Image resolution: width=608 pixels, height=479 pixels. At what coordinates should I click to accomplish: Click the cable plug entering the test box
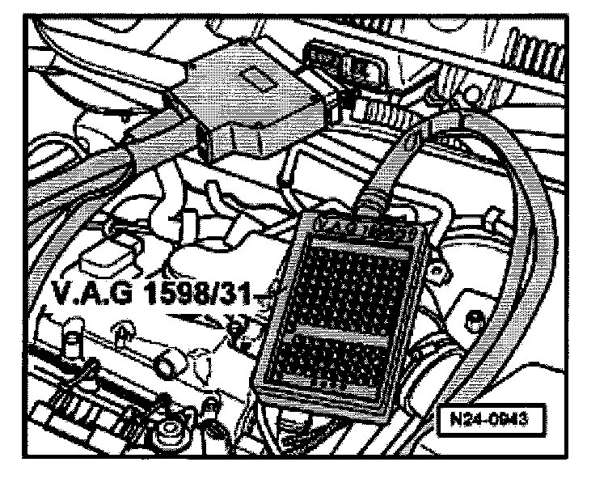click(374, 203)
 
